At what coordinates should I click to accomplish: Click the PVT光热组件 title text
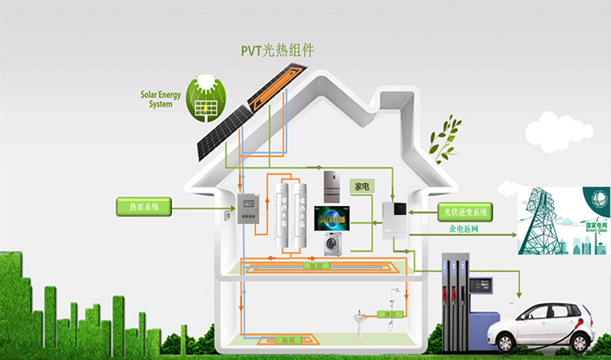click(x=277, y=51)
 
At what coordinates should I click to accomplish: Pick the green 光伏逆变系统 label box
click(x=466, y=212)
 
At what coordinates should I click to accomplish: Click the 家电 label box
click(x=361, y=186)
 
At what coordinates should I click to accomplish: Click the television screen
click(x=333, y=217)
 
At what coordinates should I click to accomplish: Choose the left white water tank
click(x=283, y=216)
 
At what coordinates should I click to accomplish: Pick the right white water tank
click(x=301, y=216)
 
